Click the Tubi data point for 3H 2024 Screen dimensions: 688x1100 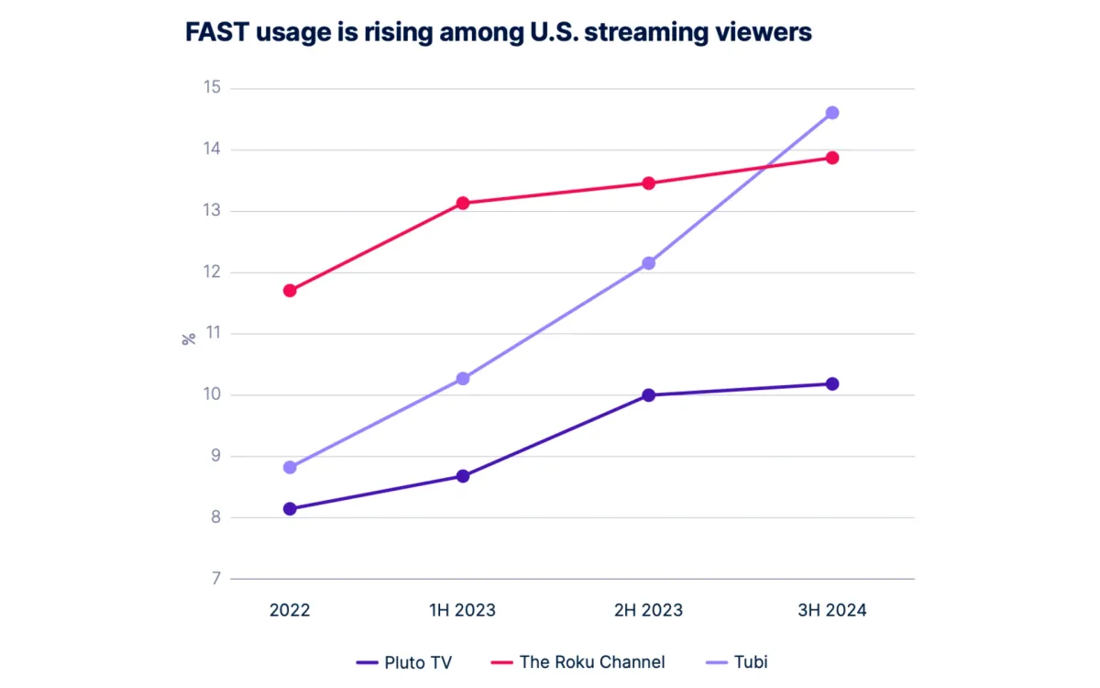pyautogui.click(x=832, y=113)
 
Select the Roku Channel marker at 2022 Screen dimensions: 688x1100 pyautogui.click(x=290, y=291)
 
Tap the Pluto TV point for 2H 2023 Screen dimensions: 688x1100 pyautogui.click(x=649, y=395)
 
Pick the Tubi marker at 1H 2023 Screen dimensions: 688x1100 pyautogui.click(x=463, y=379)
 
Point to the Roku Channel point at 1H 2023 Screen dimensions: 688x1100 pyautogui.click(x=463, y=203)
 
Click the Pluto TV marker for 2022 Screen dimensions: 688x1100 pyautogui.click(x=290, y=509)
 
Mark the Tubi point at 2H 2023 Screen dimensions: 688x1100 pyautogui.click(x=649, y=263)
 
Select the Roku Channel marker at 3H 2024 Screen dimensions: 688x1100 pyautogui.click(x=832, y=158)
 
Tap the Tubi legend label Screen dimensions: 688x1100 pyautogui.click(x=750, y=661)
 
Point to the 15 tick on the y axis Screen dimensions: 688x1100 pyautogui.click(x=213, y=88)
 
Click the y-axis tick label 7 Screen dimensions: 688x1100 pyautogui.click(x=216, y=579)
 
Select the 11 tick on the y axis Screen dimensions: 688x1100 pyautogui.click(x=214, y=334)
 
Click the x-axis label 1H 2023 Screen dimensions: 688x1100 pyautogui.click(x=463, y=610)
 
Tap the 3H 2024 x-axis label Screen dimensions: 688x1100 pyautogui.click(x=832, y=610)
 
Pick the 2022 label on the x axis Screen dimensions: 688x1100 pyautogui.click(x=290, y=610)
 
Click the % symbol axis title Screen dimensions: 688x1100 pyautogui.click(x=190, y=338)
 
